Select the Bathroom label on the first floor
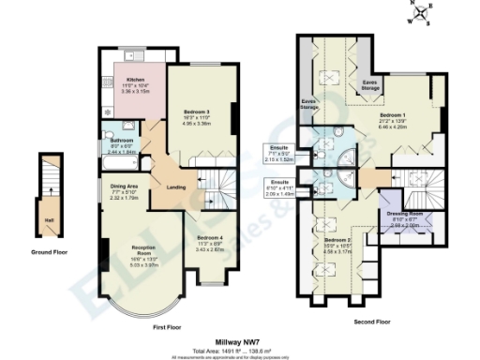pos(123,139)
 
